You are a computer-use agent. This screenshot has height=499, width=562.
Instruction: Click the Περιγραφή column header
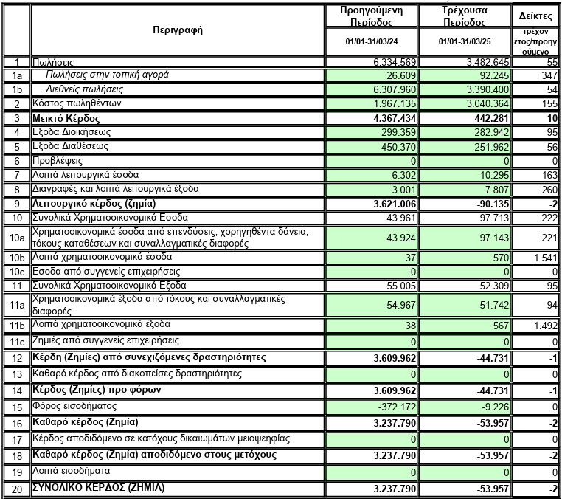click(177, 30)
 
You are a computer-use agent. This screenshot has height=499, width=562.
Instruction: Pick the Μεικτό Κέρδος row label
click(66, 118)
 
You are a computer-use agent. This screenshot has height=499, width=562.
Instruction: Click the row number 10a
click(15, 238)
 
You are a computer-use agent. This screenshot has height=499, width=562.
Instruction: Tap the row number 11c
click(15, 342)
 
